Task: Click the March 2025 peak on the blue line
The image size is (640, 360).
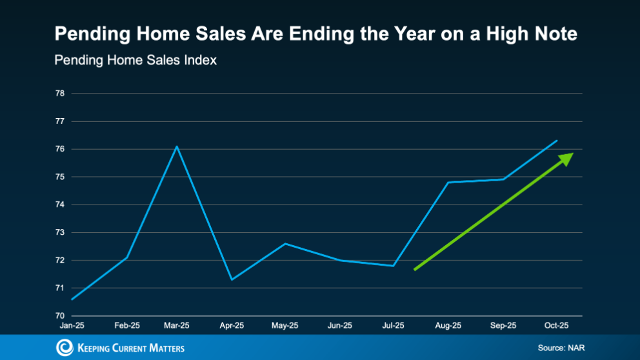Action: (177, 146)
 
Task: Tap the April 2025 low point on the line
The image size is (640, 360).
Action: (232, 279)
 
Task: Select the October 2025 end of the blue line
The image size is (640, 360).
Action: (557, 141)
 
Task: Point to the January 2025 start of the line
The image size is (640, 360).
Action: (72, 299)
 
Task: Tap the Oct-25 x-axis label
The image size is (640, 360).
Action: (555, 325)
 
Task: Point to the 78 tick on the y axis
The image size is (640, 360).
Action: (60, 94)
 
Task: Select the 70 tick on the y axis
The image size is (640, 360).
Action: (60, 316)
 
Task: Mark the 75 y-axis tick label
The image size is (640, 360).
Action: (60, 177)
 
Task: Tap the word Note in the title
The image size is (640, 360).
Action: (556, 34)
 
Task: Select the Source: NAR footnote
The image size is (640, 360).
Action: (561, 348)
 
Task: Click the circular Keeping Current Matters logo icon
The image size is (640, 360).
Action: (65, 348)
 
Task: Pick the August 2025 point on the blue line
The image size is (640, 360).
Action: (448, 183)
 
